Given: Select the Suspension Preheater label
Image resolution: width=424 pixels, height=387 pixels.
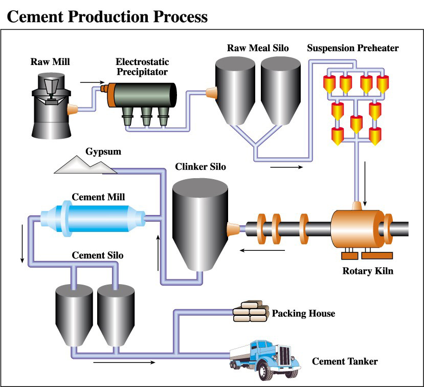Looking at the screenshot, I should point(352,49).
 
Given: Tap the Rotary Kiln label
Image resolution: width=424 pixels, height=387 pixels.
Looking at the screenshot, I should point(368,270).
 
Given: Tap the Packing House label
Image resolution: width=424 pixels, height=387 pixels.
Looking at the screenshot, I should point(303,313).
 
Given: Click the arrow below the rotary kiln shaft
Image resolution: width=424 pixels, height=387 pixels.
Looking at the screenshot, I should point(263,251).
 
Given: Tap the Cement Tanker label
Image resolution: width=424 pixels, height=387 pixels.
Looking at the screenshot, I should point(345,361).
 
